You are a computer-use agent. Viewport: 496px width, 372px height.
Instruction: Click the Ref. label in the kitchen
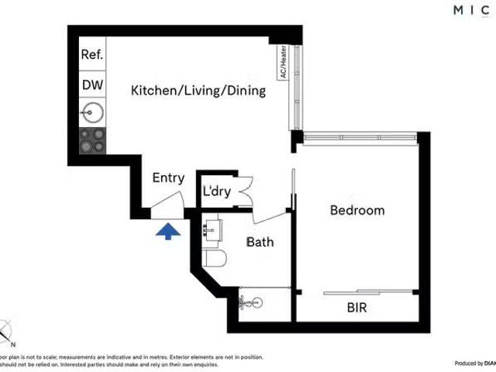pyautogui.click(x=92, y=55)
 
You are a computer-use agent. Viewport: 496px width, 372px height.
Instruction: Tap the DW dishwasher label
pyautogui.click(x=92, y=84)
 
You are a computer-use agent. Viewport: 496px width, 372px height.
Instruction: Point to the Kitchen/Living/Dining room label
pyautogui.click(x=198, y=91)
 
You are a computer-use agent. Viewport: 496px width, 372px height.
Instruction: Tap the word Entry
pyautogui.click(x=168, y=177)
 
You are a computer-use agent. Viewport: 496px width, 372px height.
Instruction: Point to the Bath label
pyautogui.click(x=260, y=242)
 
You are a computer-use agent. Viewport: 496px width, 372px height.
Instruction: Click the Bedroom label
pyautogui.click(x=357, y=210)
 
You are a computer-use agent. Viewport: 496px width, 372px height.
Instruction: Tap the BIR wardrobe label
pyautogui.click(x=357, y=308)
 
